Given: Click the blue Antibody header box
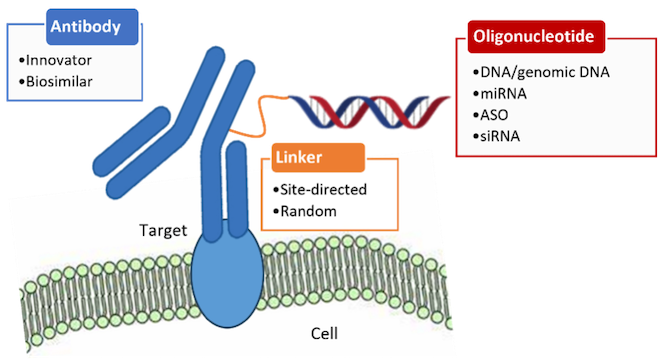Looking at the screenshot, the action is [x=92, y=27].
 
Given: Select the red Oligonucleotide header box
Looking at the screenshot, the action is [x=536, y=37].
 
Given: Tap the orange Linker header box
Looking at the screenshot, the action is [x=318, y=157].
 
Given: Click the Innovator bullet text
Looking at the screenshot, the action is [x=59, y=60].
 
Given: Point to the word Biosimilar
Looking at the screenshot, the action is [x=59, y=82].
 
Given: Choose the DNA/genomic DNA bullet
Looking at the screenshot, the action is [x=544, y=72].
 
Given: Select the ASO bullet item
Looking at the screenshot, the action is [x=494, y=115].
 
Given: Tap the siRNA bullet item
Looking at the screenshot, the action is [x=500, y=136].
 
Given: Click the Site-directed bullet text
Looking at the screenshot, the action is [x=323, y=189].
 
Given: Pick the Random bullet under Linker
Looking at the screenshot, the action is [x=309, y=211].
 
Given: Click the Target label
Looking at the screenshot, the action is [x=163, y=231].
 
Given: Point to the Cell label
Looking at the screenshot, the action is [x=324, y=333].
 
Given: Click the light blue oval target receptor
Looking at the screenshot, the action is [x=227, y=275].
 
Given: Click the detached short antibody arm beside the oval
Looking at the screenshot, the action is [x=237, y=189].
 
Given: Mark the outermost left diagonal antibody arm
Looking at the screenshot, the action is [x=131, y=141].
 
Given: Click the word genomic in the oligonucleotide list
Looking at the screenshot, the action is [x=545, y=73].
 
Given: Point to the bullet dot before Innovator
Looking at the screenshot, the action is [x=21, y=61].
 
